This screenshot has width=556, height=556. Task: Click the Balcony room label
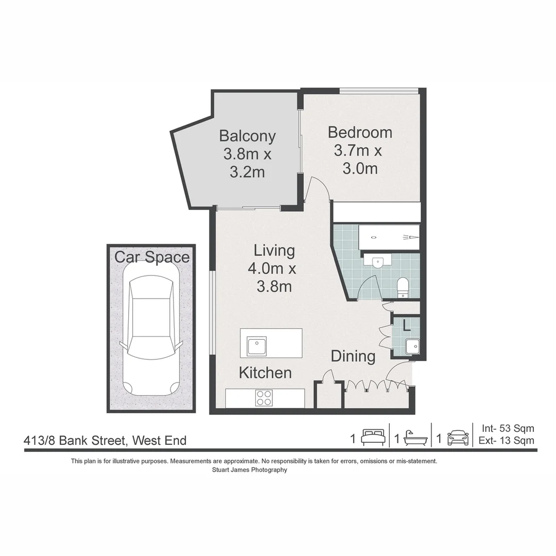coord(247,136)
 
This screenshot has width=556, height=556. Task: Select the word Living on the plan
coord(274,251)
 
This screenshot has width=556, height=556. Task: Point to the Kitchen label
coord(265,373)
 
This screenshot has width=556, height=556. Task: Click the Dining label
coord(353,356)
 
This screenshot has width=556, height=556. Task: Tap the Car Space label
coord(152,257)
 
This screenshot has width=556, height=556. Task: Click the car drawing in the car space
coord(151,335)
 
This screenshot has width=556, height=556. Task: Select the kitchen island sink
coord(257,346)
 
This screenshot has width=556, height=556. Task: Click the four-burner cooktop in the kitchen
coord(264,397)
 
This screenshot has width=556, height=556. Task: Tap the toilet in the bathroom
coord(403,287)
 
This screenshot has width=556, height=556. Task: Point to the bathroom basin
coord(378,261)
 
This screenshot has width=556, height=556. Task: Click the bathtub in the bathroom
coord(389,237)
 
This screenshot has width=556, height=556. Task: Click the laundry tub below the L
coord(412,346)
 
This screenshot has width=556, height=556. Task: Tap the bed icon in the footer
coord(372,438)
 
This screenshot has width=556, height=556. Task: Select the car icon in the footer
coord(458,438)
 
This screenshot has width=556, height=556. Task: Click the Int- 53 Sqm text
coord(508,428)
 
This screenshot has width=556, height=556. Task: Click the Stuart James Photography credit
coord(249,470)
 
